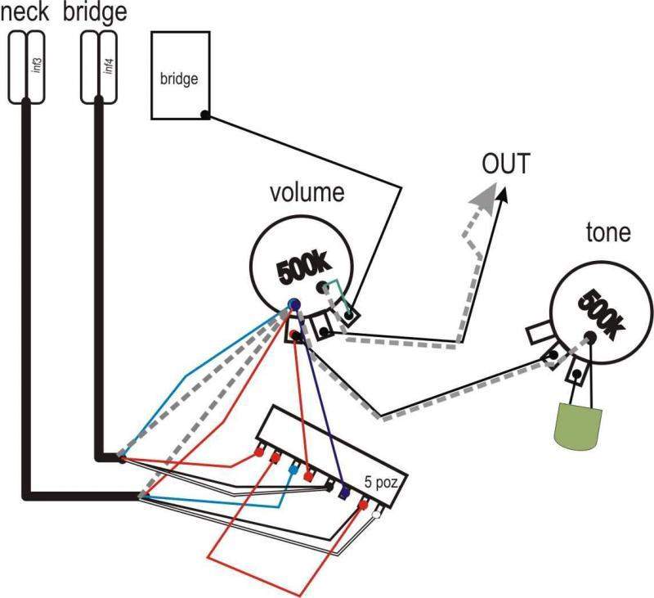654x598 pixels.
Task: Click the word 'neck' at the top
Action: (25, 13)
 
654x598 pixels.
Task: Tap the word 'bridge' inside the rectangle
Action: (180, 79)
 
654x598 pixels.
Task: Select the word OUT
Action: (505, 164)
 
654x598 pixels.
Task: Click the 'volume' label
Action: (307, 194)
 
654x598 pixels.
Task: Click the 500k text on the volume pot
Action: (303, 270)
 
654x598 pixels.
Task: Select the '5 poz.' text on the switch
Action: (381, 482)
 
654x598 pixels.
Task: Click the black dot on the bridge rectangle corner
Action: (204, 115)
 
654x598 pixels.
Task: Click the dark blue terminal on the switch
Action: (344, 492)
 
